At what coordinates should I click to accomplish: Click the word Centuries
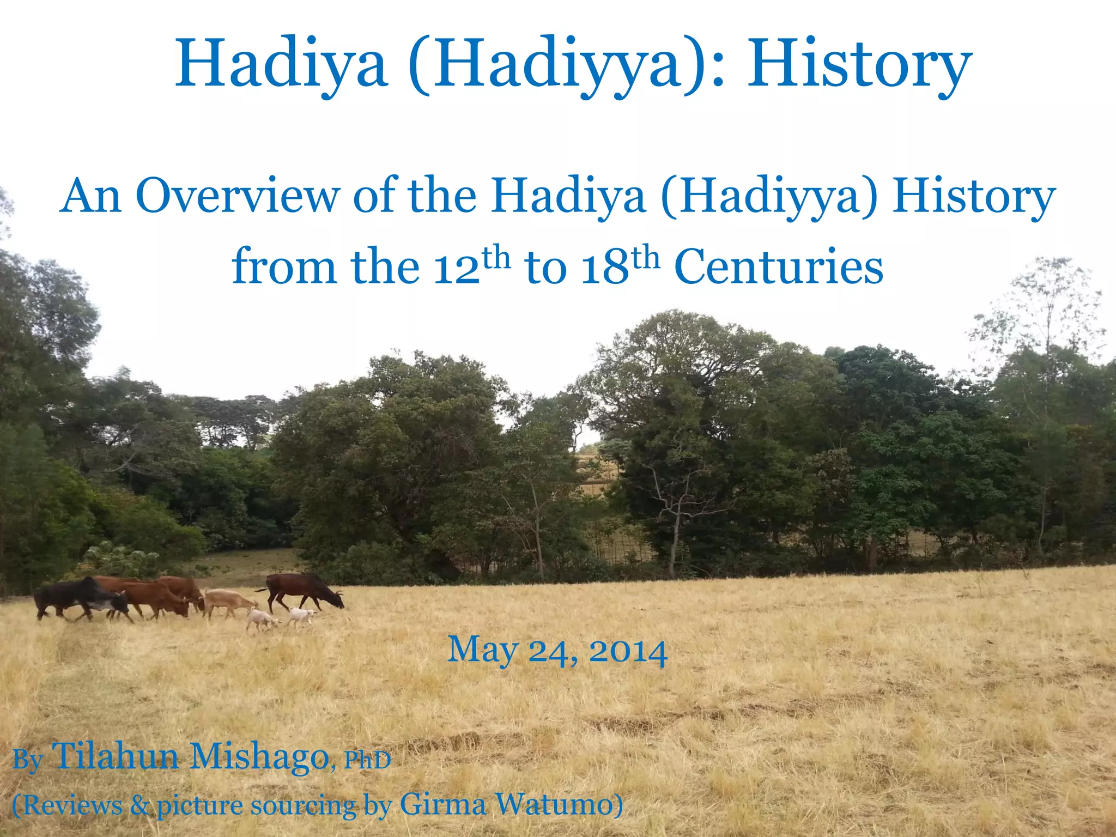(778, 267)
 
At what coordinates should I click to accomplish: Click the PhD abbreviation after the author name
(368, 761)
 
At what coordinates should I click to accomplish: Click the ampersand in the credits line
(140, 805)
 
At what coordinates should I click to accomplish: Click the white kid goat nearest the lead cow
(301, 616)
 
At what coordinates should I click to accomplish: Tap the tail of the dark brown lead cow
(262, 590)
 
